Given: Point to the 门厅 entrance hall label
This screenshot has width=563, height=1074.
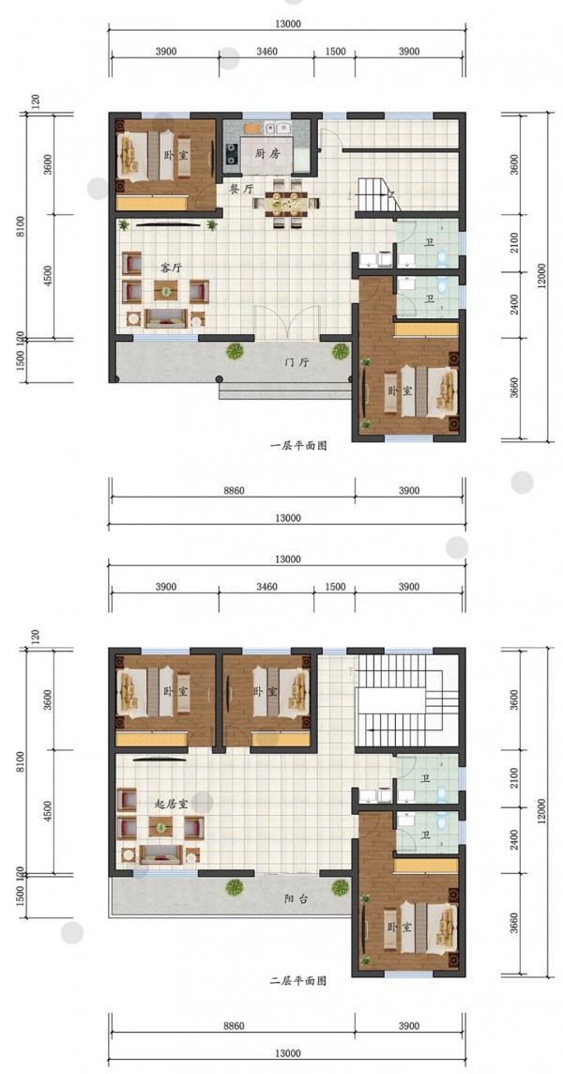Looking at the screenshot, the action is [x=296, y=363].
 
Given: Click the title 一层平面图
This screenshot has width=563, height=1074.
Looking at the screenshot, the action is [x=298, y=446].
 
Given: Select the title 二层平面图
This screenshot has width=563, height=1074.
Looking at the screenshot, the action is [x=298, y=981].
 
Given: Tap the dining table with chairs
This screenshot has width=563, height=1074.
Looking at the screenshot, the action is [x=288, y=202].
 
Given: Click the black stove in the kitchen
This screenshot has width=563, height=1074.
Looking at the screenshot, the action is [x=231, y=157].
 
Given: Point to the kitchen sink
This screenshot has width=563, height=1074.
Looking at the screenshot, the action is [x=279, y=128].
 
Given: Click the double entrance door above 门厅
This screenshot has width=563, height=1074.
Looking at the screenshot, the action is [x=288, y=322].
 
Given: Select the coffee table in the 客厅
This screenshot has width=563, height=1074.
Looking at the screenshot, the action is [x=165, y=290].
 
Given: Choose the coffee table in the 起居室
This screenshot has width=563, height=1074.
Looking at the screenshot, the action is [x=161, y=826].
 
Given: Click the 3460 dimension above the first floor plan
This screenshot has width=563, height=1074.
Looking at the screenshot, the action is [x=266, y=52].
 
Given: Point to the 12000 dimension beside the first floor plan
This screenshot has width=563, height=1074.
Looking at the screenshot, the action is [x=541, y=276].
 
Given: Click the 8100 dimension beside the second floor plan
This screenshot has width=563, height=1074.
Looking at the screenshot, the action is [x=21, y=761].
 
